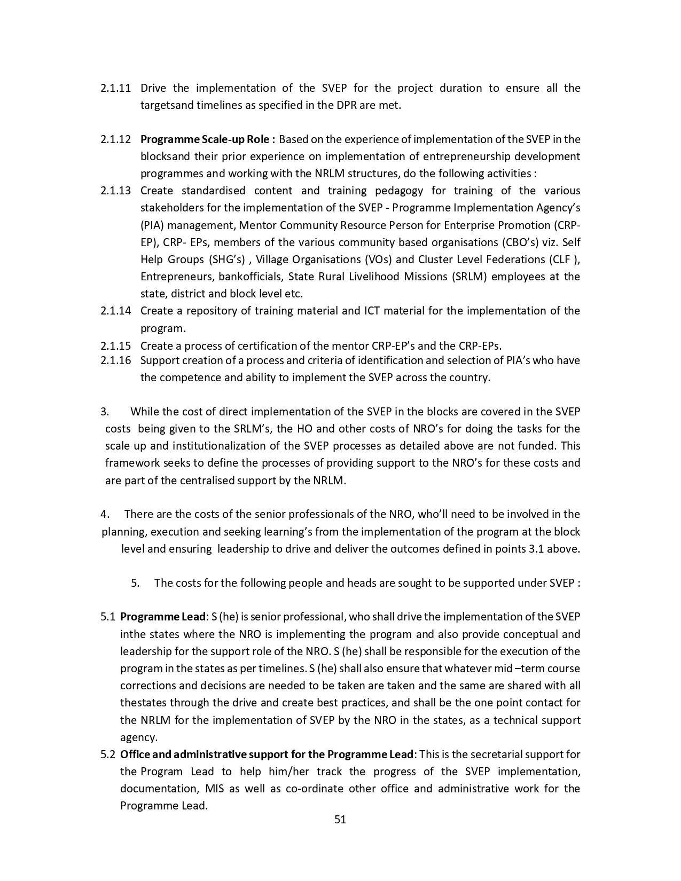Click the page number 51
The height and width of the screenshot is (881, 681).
340,820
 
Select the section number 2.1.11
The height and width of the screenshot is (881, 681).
115,88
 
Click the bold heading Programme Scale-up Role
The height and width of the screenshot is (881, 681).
208,139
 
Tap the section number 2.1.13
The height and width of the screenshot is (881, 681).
115,191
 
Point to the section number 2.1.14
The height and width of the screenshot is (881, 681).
115,311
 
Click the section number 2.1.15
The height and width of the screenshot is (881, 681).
115,345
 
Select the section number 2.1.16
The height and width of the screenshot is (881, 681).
115,360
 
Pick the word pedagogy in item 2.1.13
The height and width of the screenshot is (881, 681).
397,191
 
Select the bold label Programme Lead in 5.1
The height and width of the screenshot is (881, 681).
163,617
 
